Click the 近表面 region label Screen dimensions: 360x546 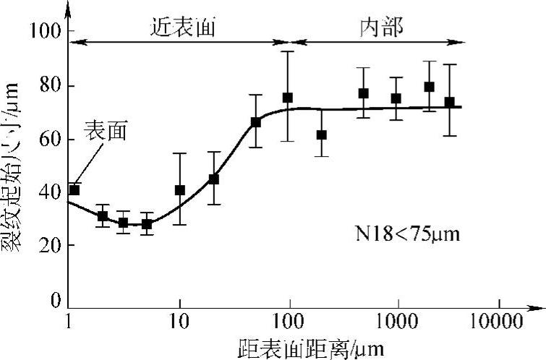[x=184, y=27]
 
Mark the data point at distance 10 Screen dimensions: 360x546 [x=180, y=190]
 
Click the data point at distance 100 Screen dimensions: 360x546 [x=288, y=98]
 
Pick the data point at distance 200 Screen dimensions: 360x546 [x=322, y=135]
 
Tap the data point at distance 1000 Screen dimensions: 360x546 [x=396, y=98]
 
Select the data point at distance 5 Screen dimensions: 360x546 [x=147, y=224]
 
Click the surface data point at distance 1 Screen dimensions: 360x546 [x=74, y=190]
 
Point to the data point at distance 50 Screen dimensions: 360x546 [x=255, y=122]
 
